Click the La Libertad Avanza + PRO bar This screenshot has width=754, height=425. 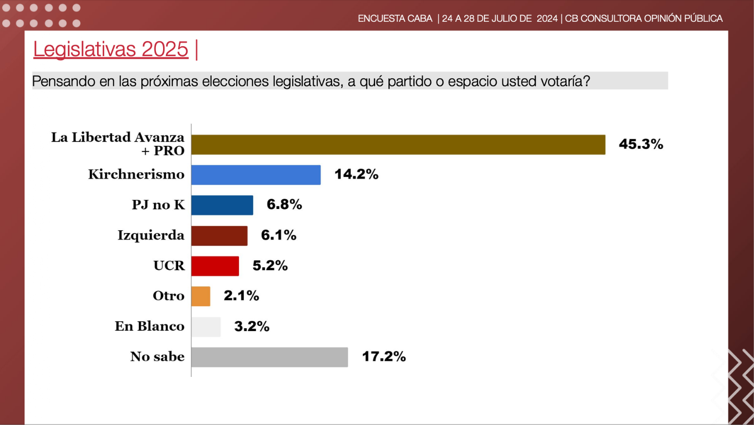point(398,145)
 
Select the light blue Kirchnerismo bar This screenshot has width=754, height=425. point(256,175)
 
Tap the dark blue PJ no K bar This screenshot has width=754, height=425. point(222,205)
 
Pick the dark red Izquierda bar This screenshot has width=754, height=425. point(219,236)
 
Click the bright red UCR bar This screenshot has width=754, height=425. point(215,266)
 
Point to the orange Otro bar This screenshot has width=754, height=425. point(201,296)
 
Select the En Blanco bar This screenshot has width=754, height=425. point(206,327)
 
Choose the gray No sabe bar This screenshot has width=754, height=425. point(270,357)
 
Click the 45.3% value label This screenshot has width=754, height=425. point(641,144)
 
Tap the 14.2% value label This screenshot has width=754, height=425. point(356,175)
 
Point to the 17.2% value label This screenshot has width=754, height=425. point(384,357)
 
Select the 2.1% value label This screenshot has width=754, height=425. point(241,296)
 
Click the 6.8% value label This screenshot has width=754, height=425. point(284,205)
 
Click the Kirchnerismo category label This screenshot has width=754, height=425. point(136,175)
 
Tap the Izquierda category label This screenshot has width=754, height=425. point(151,235)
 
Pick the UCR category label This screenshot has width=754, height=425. point(169,266)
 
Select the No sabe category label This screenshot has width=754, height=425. point(157,357)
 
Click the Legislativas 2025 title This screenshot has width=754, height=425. point(111,50)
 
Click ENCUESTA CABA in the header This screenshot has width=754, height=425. point(395,18)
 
